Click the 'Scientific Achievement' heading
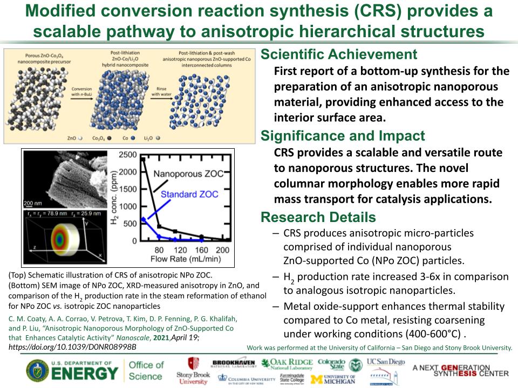point(338,54)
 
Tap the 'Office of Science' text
point(146,370)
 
